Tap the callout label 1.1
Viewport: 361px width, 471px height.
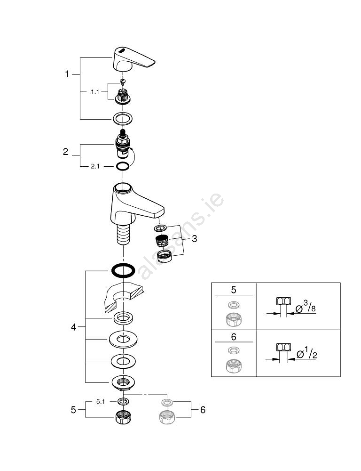click(x=95, y=92)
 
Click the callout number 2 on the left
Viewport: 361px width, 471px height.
click(x=66, y=152)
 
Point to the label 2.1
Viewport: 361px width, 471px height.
click(x=95, y=166)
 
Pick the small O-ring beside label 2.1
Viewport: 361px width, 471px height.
click(x=122, y=166)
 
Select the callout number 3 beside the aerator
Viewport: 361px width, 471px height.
click(x=194, y=239)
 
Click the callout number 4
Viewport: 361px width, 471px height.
click(x=74, y=327)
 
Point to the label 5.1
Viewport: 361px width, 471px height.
click(x=101, y=402)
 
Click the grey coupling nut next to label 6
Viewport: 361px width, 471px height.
click(x=167, y=417)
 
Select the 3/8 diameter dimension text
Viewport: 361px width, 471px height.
click(x=311, y=309)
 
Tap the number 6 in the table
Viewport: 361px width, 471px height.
click(x=234, y=337)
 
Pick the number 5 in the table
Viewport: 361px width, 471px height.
click(x=234, y=288)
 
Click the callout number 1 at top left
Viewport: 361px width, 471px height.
click(x=67, y=74)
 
